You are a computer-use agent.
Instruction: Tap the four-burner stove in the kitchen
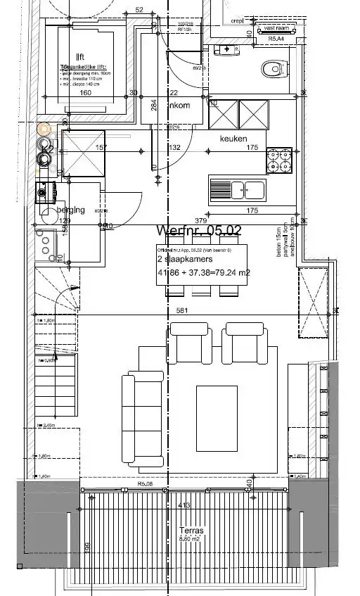(279, 160)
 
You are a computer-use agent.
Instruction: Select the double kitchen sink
(237, 189)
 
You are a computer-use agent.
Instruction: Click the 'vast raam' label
(276, 29)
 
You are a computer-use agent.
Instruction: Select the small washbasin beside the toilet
(226, 49)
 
